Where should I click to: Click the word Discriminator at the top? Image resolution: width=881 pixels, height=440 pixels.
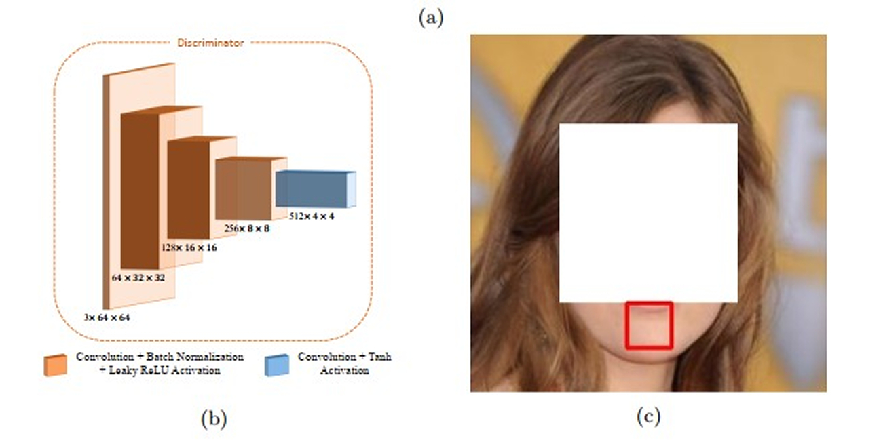coord(210,43)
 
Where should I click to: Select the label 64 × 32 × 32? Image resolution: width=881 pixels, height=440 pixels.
coord(139,278)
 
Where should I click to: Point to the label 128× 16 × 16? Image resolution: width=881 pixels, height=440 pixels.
coord(189,248)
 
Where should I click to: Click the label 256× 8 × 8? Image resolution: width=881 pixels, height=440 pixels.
coord(247,228)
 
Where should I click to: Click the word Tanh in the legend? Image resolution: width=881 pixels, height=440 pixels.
coord(381,357)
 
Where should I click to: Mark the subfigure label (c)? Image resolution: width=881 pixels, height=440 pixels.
coord(648,416)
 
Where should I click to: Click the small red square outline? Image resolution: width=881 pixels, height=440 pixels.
coord(649,325)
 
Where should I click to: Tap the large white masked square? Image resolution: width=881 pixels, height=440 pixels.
coord(648,212)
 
